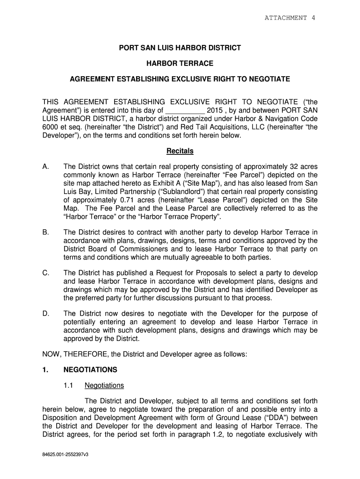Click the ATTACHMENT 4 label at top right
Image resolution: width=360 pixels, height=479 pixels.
(290, 18)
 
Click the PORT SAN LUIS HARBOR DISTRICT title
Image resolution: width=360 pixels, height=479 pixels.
(180, 48)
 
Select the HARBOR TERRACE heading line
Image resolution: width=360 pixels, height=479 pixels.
(180, 63)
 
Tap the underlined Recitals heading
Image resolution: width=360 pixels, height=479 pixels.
(180, 152)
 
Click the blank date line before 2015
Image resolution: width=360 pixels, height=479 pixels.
(185, 111)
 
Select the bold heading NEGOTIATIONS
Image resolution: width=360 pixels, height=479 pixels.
(90, 370)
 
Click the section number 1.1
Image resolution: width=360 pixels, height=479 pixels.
(69, 386)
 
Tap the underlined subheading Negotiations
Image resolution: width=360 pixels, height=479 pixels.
(104, 386)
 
